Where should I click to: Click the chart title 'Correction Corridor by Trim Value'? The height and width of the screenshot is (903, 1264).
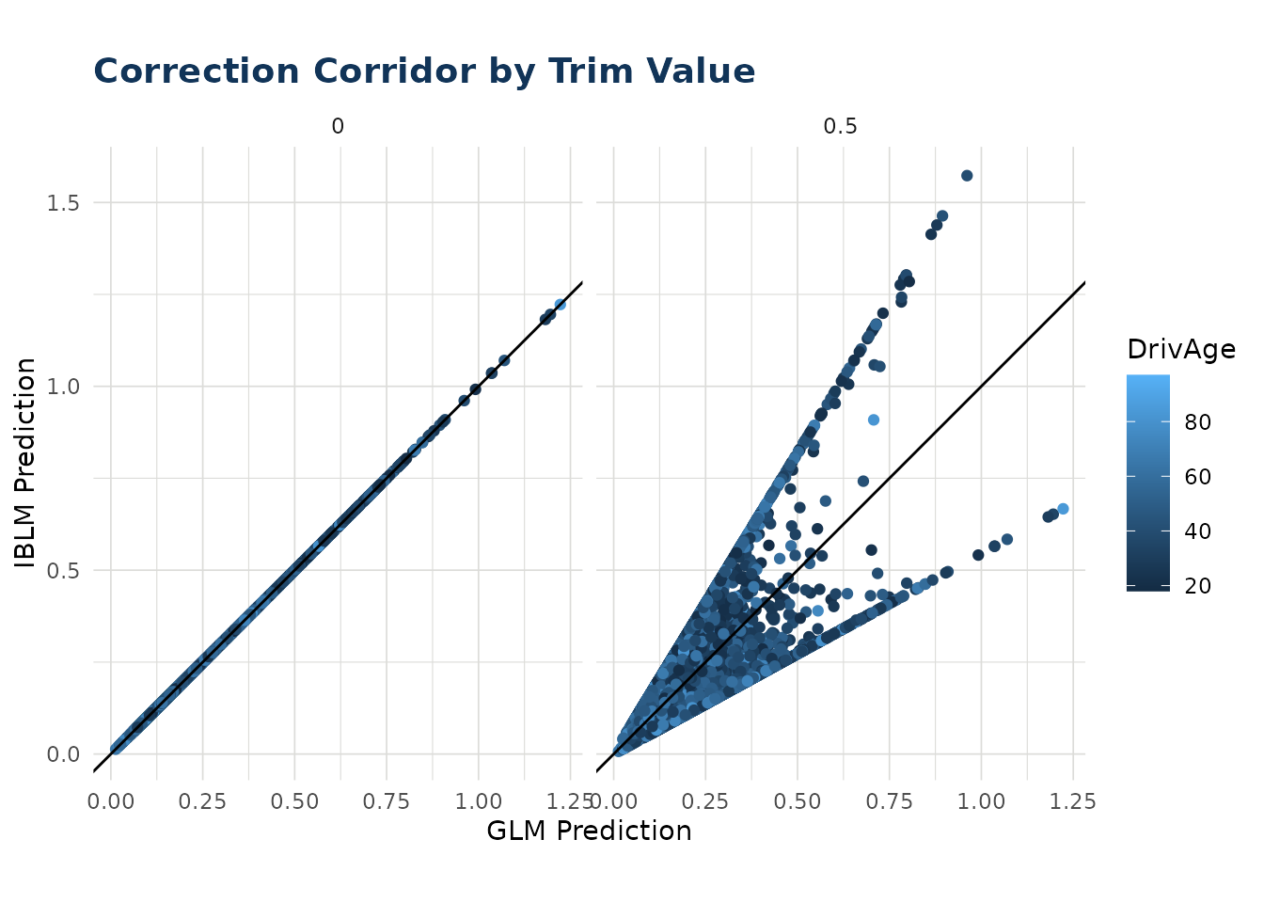(424, 72)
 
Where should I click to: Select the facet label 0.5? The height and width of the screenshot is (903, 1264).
(840, 126)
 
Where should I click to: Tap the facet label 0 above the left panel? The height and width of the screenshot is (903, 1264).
(338, 126)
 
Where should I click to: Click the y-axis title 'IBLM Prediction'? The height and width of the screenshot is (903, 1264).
(25, 463)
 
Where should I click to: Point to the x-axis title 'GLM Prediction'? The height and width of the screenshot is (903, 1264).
(589, 831)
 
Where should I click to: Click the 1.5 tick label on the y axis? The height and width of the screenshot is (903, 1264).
(63, 202)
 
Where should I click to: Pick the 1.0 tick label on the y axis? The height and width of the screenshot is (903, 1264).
(63, 386)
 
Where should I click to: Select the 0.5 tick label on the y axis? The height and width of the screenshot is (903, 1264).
(63, 570)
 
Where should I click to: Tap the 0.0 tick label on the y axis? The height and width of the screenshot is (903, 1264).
(63, 753)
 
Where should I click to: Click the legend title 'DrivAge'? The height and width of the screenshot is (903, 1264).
(1181, 350)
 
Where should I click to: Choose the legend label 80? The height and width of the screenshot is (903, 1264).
(1197, 422)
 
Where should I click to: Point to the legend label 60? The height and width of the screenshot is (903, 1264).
(1197, 477)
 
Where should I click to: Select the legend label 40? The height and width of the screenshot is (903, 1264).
(1197, 531)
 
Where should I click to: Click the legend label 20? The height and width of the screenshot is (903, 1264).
(1197, 586)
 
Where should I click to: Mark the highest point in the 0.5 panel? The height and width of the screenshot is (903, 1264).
(967, 176)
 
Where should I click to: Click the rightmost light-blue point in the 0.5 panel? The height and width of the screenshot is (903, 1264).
(1063, 509)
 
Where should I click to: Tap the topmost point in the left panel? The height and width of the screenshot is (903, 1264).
(560, 305)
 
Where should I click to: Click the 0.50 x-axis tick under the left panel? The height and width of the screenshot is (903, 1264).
(294, 801)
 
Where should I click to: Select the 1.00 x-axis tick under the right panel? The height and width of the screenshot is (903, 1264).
(981, 801)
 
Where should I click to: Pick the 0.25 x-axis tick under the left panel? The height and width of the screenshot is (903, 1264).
(202, 801)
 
